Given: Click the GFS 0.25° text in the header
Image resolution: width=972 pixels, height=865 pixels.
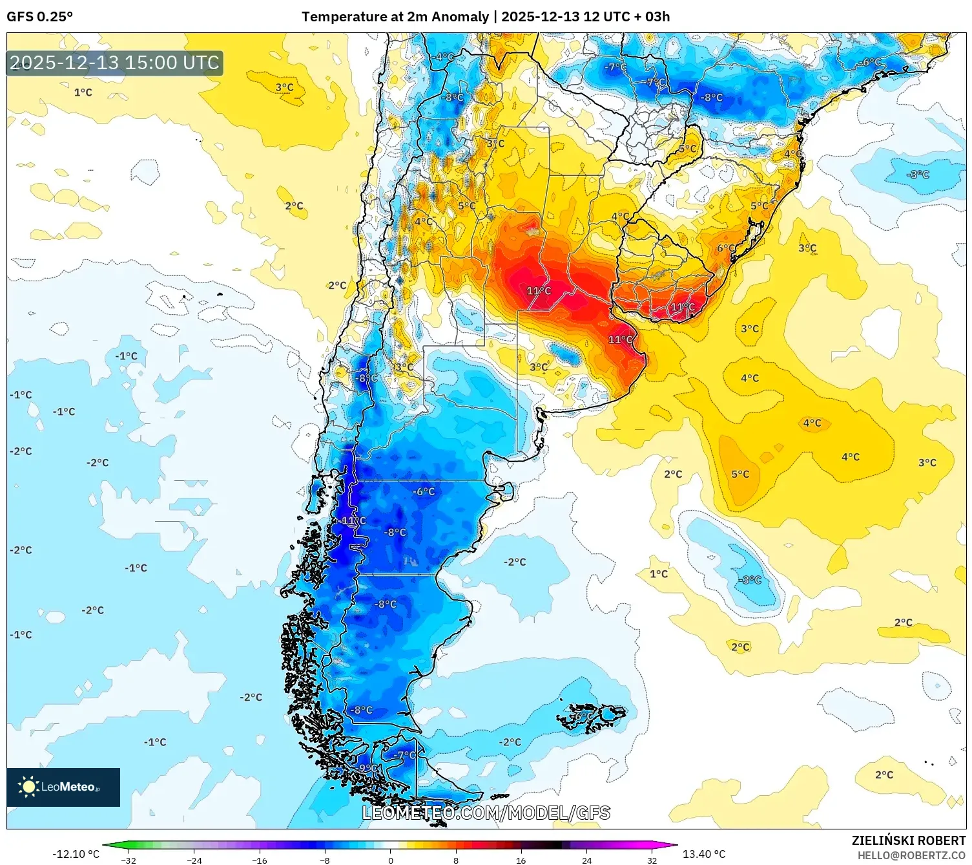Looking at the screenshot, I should (x=39, y=16).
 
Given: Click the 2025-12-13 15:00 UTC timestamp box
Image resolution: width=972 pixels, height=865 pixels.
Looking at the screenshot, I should (x=115, y=63).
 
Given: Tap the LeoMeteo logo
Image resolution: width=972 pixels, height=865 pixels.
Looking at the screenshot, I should (x=63, y=787).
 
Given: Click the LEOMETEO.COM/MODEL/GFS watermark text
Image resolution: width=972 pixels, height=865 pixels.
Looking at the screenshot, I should (x=486, y=813).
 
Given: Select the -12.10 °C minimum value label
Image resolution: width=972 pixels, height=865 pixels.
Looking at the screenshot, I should (x=76, y=854).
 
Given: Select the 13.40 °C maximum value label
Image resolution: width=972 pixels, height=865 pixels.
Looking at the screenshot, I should (x=704, y=854).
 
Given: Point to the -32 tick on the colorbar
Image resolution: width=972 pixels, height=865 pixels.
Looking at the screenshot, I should (x=129, y=860).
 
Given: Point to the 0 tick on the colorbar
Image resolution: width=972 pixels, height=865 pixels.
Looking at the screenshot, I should (x=390, y=860).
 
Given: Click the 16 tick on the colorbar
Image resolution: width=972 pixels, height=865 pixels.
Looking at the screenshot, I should (x=521, y=860).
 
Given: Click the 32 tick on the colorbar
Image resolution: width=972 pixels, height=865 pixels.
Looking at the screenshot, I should (x=652, y=860).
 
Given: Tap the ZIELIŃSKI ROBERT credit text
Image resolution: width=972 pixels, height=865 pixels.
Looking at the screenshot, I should (x=908, y=840).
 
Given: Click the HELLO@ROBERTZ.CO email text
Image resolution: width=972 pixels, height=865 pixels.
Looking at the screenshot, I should (x=911, y=855).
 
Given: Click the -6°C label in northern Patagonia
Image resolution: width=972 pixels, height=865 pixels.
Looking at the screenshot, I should (x=424, y=491).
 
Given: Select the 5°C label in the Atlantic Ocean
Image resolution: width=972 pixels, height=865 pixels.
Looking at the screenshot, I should (x=740, y=474).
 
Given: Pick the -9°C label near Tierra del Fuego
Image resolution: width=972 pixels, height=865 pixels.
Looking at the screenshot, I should (x=368, y=768).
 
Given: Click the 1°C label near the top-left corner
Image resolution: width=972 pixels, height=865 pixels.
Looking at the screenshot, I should (x=83, y=92).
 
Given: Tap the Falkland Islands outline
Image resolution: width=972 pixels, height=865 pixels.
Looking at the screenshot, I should (x=591, y=716).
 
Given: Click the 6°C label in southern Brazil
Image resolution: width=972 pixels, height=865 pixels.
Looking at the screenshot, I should (x=726, y=248).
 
